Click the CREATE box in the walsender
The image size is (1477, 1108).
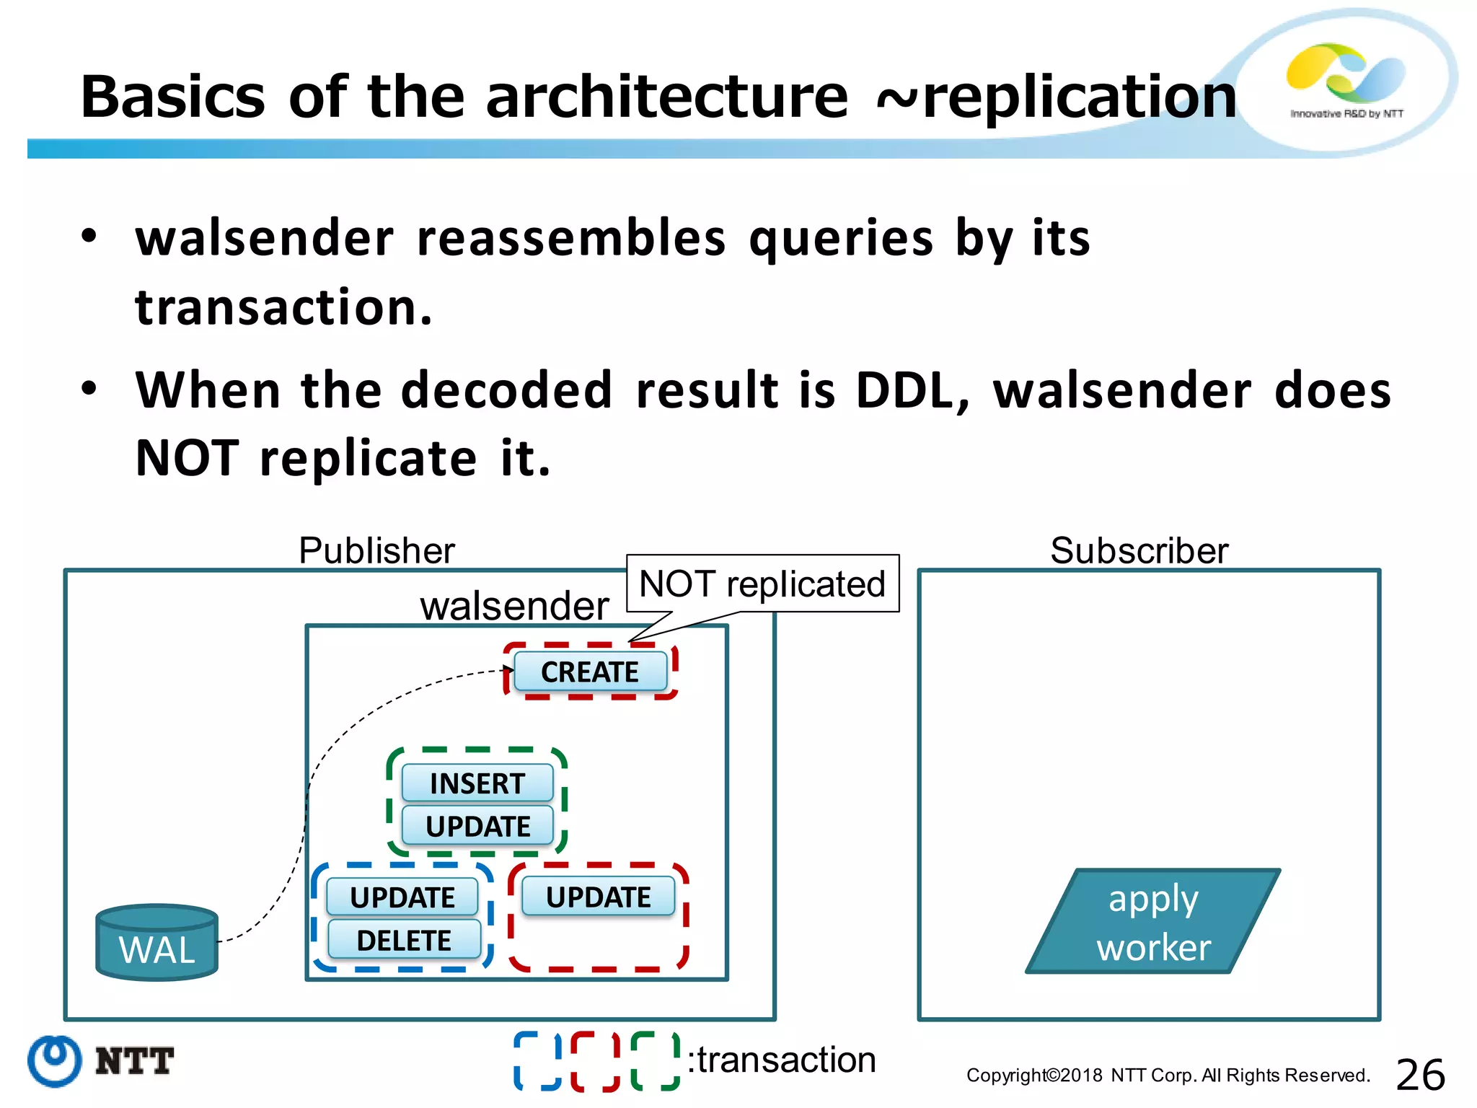[x=590, y=672]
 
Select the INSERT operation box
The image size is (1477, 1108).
[x=477, y=783]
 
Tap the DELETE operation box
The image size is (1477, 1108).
[x=404, y=940]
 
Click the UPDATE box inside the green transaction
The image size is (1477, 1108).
[x=477, y=826]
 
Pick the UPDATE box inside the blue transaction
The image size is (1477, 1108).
[x=402, y=897]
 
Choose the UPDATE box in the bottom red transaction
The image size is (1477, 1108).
[x=598, y=897]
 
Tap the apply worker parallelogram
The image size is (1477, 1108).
[x=1153, y=922]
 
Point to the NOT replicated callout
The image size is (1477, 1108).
[x=762, y=584]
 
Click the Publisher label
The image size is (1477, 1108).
[x=376, y=550]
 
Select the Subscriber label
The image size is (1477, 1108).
[x=1139, y=550]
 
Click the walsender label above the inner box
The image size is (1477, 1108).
[x=514, y=605]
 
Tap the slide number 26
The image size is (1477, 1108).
[x=1420, y=1075]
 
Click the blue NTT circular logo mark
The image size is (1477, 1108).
[x=55, y=1060]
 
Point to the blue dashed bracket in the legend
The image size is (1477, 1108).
[x=537, y=1060]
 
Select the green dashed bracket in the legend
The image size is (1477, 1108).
[x=655, y=1060]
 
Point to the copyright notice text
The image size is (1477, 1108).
[x=1168, y=1076]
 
